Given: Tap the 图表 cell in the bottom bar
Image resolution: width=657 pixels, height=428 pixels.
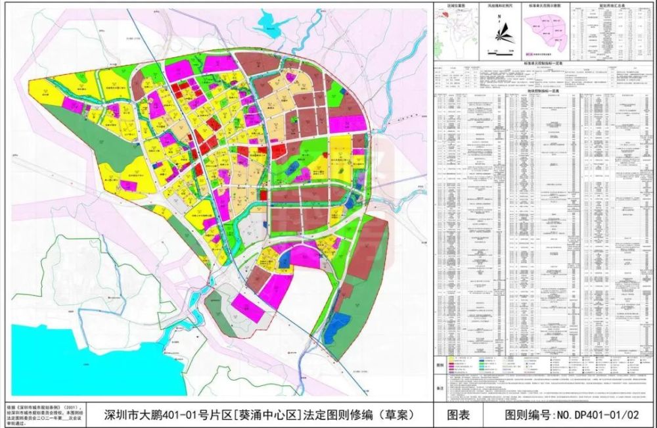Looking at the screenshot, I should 458,414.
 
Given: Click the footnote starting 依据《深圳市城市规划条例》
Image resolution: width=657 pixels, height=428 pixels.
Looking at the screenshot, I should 46,408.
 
